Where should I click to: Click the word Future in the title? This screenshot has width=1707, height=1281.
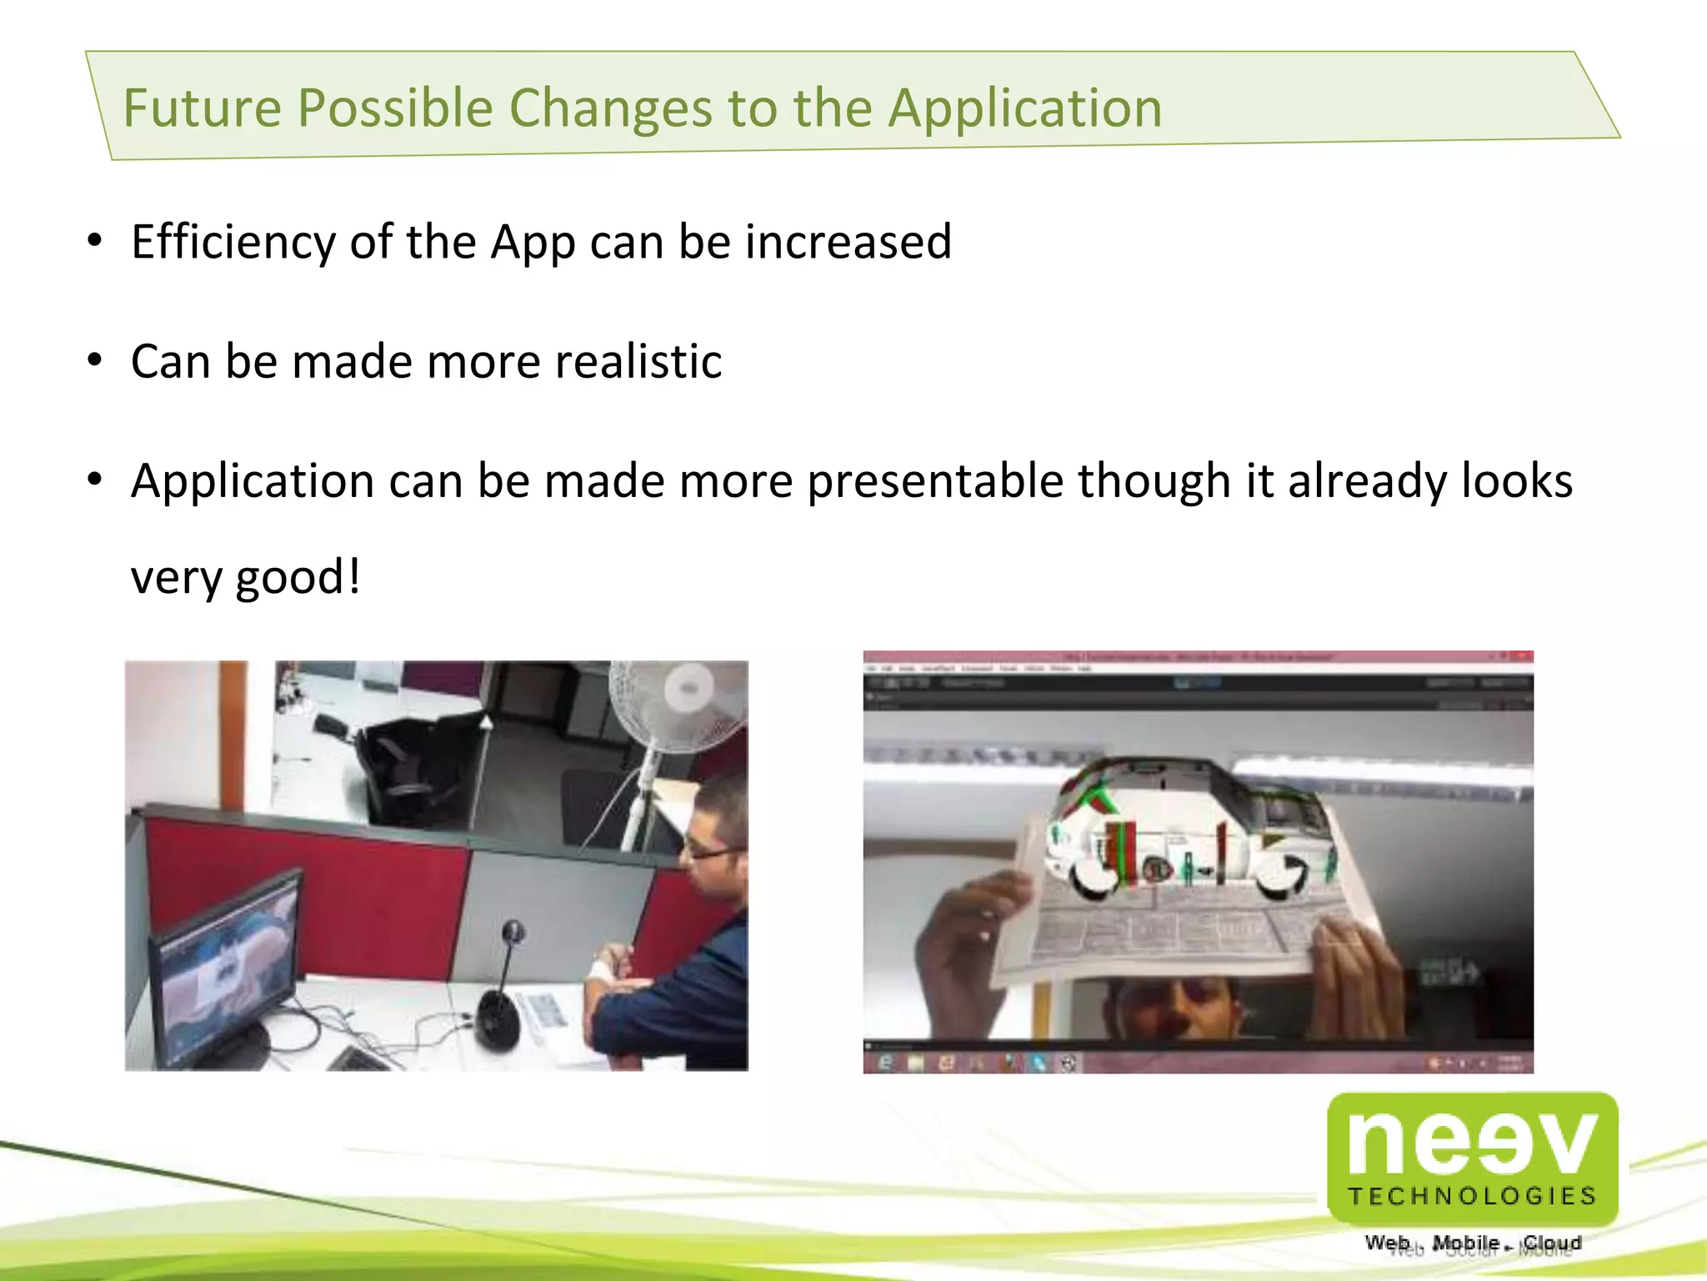(x=203, y=108)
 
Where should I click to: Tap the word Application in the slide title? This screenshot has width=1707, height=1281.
(x=1024, y=108)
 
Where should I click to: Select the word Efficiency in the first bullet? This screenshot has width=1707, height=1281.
(x=233, y=243)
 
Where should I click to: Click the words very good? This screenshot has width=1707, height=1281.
(x=246, y=577)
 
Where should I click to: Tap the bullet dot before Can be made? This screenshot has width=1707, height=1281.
(x=95, y=360)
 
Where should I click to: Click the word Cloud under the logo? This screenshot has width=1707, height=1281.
(x=1552, y=1243)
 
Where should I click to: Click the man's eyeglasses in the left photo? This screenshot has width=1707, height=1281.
(x=708, y=851)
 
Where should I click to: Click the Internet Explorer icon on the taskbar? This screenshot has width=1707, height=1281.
(x=886, y=1062)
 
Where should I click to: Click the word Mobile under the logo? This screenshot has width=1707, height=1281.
(x=1465, y=1243)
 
